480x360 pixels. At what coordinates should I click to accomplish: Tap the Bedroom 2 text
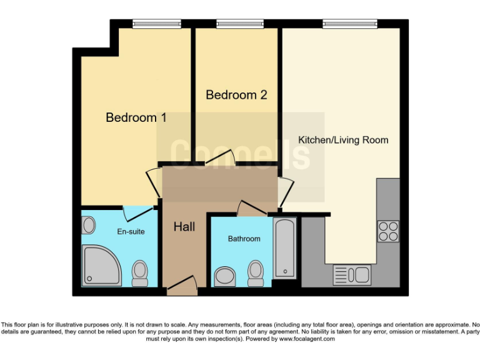tap(236, 95)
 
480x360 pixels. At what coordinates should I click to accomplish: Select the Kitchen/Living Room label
tap(343, 140)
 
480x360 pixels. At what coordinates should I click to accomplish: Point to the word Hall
tap(184, 227)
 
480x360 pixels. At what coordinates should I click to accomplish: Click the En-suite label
tap(131, 231)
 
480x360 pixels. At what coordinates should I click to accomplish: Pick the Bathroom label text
tap(244, 239)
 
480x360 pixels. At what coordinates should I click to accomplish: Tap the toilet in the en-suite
tap(139, 273)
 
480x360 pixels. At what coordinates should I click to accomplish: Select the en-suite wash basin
tap(88, 223)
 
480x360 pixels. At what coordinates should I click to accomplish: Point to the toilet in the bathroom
tap(255, 272)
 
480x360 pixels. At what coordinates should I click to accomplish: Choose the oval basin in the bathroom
tap(224, 276)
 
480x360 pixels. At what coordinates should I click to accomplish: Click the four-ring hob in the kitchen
tap(387, 231)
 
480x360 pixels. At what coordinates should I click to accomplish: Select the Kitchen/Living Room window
tap(350, 24)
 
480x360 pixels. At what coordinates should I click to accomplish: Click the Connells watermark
tap(240, 154)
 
